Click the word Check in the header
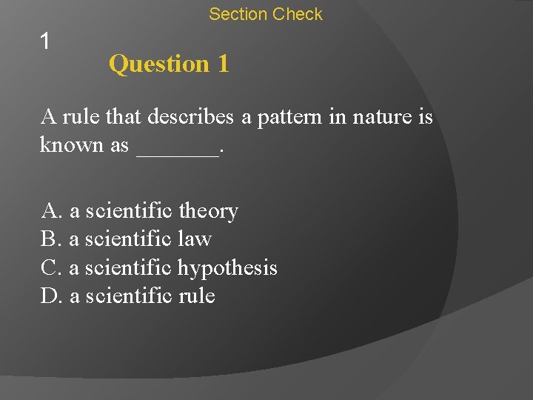(x=298, y=14)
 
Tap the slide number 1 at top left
(x=45, y=41)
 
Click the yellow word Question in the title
(x=159, y=64)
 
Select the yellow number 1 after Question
(x=223, y=64)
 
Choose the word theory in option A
(x=209, y=212)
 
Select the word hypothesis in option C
(x=227, y=268)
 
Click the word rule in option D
(x=197, y=296)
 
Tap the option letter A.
(x=51, y=212)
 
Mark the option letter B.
(x=50, y=239)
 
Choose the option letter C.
(x=50, y=267)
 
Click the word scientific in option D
(x=130, y=296)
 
